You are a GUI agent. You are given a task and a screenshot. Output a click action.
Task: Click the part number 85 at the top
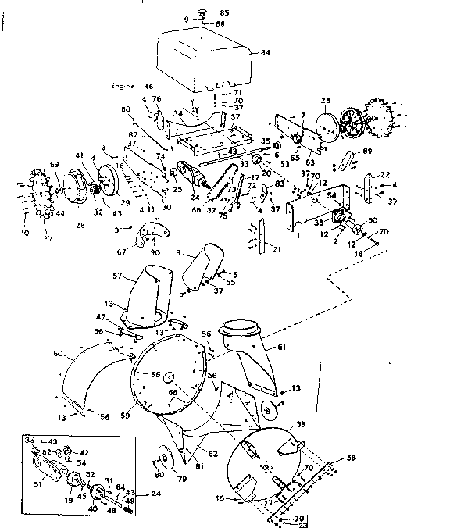224,12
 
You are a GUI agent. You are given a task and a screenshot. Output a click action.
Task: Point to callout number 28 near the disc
326,100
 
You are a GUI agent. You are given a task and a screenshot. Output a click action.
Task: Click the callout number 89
368,152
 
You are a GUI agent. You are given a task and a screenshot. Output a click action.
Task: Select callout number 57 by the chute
117,276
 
